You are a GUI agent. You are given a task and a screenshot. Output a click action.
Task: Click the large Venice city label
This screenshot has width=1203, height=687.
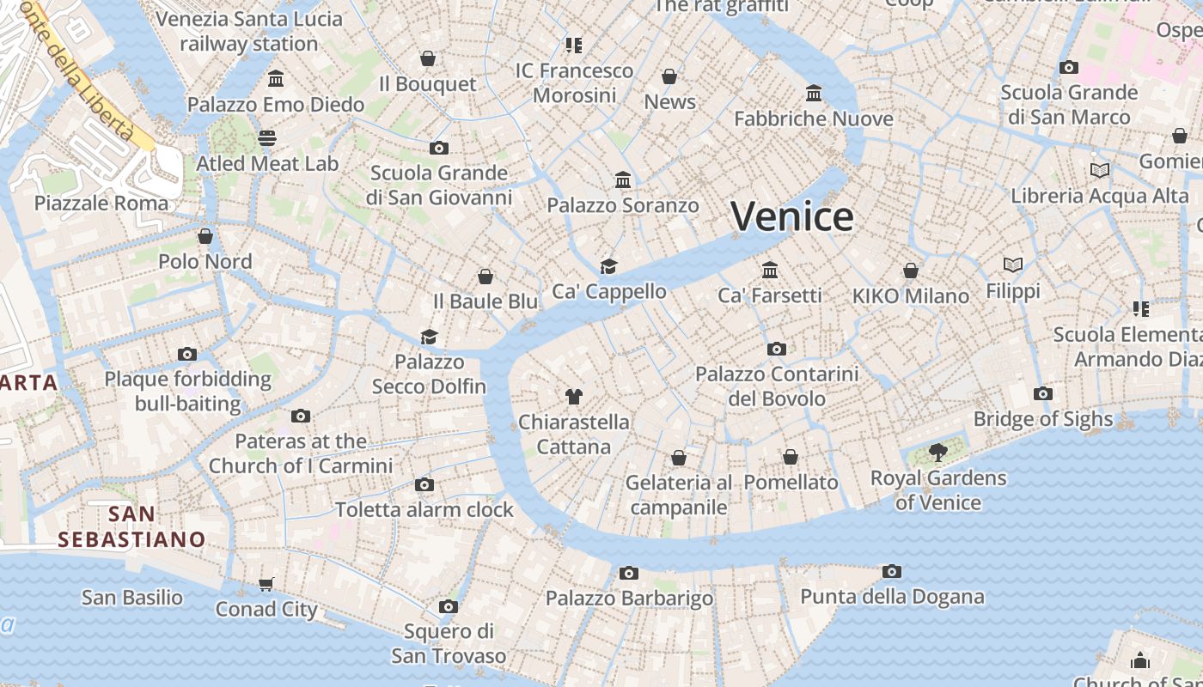click(x=792, y=216)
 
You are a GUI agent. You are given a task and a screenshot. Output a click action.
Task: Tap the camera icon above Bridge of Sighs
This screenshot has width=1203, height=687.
click(x=1043, y=393)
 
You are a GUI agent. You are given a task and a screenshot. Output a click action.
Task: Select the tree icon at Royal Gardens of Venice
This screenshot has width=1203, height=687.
click(x=937, y=452)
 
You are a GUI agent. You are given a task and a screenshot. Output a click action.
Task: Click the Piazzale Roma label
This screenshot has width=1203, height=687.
click(x=101, y=204)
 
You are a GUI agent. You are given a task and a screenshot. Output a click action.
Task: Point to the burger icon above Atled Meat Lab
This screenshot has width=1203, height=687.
click(x=267, y=138)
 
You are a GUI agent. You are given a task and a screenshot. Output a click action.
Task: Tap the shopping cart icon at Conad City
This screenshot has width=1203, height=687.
click(x=266, y=584)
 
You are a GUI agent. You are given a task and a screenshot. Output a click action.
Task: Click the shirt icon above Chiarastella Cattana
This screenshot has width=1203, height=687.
click(x=574, y=396)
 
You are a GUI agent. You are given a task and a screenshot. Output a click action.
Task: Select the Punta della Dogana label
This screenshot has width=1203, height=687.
click(x=892, y=597)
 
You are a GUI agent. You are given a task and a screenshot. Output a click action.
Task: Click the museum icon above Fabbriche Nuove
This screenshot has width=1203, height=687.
click(x=814, y=93)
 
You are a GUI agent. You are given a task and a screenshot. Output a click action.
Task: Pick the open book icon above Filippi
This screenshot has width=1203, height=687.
click(x=1013, y=264)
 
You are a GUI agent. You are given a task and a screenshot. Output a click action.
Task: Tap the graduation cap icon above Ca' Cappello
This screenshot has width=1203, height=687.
click(x=609, y=265)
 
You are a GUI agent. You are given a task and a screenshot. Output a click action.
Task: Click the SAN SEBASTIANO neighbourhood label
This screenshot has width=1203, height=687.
click(x=131, y=526)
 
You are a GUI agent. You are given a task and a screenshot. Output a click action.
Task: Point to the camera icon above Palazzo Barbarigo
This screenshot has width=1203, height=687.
click(x=629, y=573)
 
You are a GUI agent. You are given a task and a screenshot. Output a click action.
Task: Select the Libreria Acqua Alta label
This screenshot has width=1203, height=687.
click(x=1099, y=196)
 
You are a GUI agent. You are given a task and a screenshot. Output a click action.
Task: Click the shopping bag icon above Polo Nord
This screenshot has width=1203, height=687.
click(x=205, y=235)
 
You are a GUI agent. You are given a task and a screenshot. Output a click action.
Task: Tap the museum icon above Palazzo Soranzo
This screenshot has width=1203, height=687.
click(x=623, y=179)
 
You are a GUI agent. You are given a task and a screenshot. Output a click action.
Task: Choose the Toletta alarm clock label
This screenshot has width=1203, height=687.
click(x=424, y=509)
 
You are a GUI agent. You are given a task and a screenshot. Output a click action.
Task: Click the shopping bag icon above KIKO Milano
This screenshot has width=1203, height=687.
click(x=911, y=271)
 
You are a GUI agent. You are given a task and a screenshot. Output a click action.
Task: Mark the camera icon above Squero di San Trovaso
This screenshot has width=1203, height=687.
click(x=448, y=606)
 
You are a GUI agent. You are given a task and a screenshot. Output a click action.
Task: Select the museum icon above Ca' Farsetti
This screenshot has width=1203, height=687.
click(x=770, y=270)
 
